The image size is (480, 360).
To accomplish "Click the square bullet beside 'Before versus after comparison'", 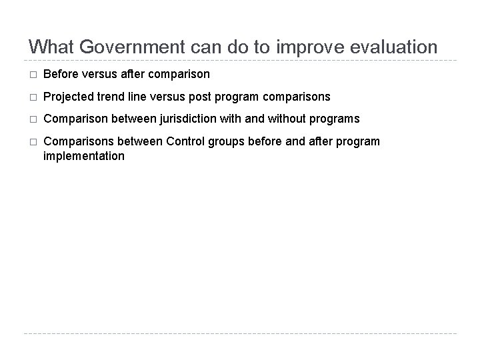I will (x=31, y=75).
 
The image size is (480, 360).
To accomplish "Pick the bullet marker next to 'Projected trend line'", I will (x=31, y=97).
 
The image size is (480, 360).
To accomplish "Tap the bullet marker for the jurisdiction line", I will (x=31, y=119).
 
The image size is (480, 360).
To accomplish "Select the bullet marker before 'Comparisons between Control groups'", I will (x=31, y=142).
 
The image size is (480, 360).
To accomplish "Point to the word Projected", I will (x=69, y=97).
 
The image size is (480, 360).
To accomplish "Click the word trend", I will (x=112, y=97).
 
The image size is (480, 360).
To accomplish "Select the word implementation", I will (x=83, y=156).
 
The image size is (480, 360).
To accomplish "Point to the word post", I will (x=199, y=97).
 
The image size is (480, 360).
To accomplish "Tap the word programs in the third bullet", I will (x=335, y=119).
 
